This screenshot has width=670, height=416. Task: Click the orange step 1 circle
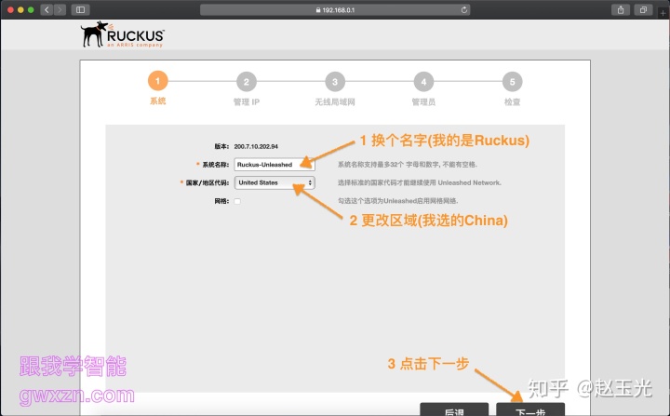point(157,81)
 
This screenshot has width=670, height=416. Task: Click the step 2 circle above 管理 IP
point(246,81)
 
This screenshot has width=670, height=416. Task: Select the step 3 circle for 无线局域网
point(335,81)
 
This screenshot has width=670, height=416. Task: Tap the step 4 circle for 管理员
point(423,81)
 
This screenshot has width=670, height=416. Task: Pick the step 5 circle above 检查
point(512,81)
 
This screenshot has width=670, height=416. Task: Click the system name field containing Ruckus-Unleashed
point(275,165)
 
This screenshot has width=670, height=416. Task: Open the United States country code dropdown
point(275,182)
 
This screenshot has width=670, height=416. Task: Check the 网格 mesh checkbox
point(238,201)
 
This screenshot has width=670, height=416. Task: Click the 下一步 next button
point(529,410)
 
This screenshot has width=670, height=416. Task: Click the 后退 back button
point(454,410)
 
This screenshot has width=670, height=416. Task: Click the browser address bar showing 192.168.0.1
point(335,9)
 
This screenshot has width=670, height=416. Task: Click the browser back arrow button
point(47,9)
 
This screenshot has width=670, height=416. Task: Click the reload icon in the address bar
point(463,9)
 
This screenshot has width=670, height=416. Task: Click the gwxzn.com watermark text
point(75,396)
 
